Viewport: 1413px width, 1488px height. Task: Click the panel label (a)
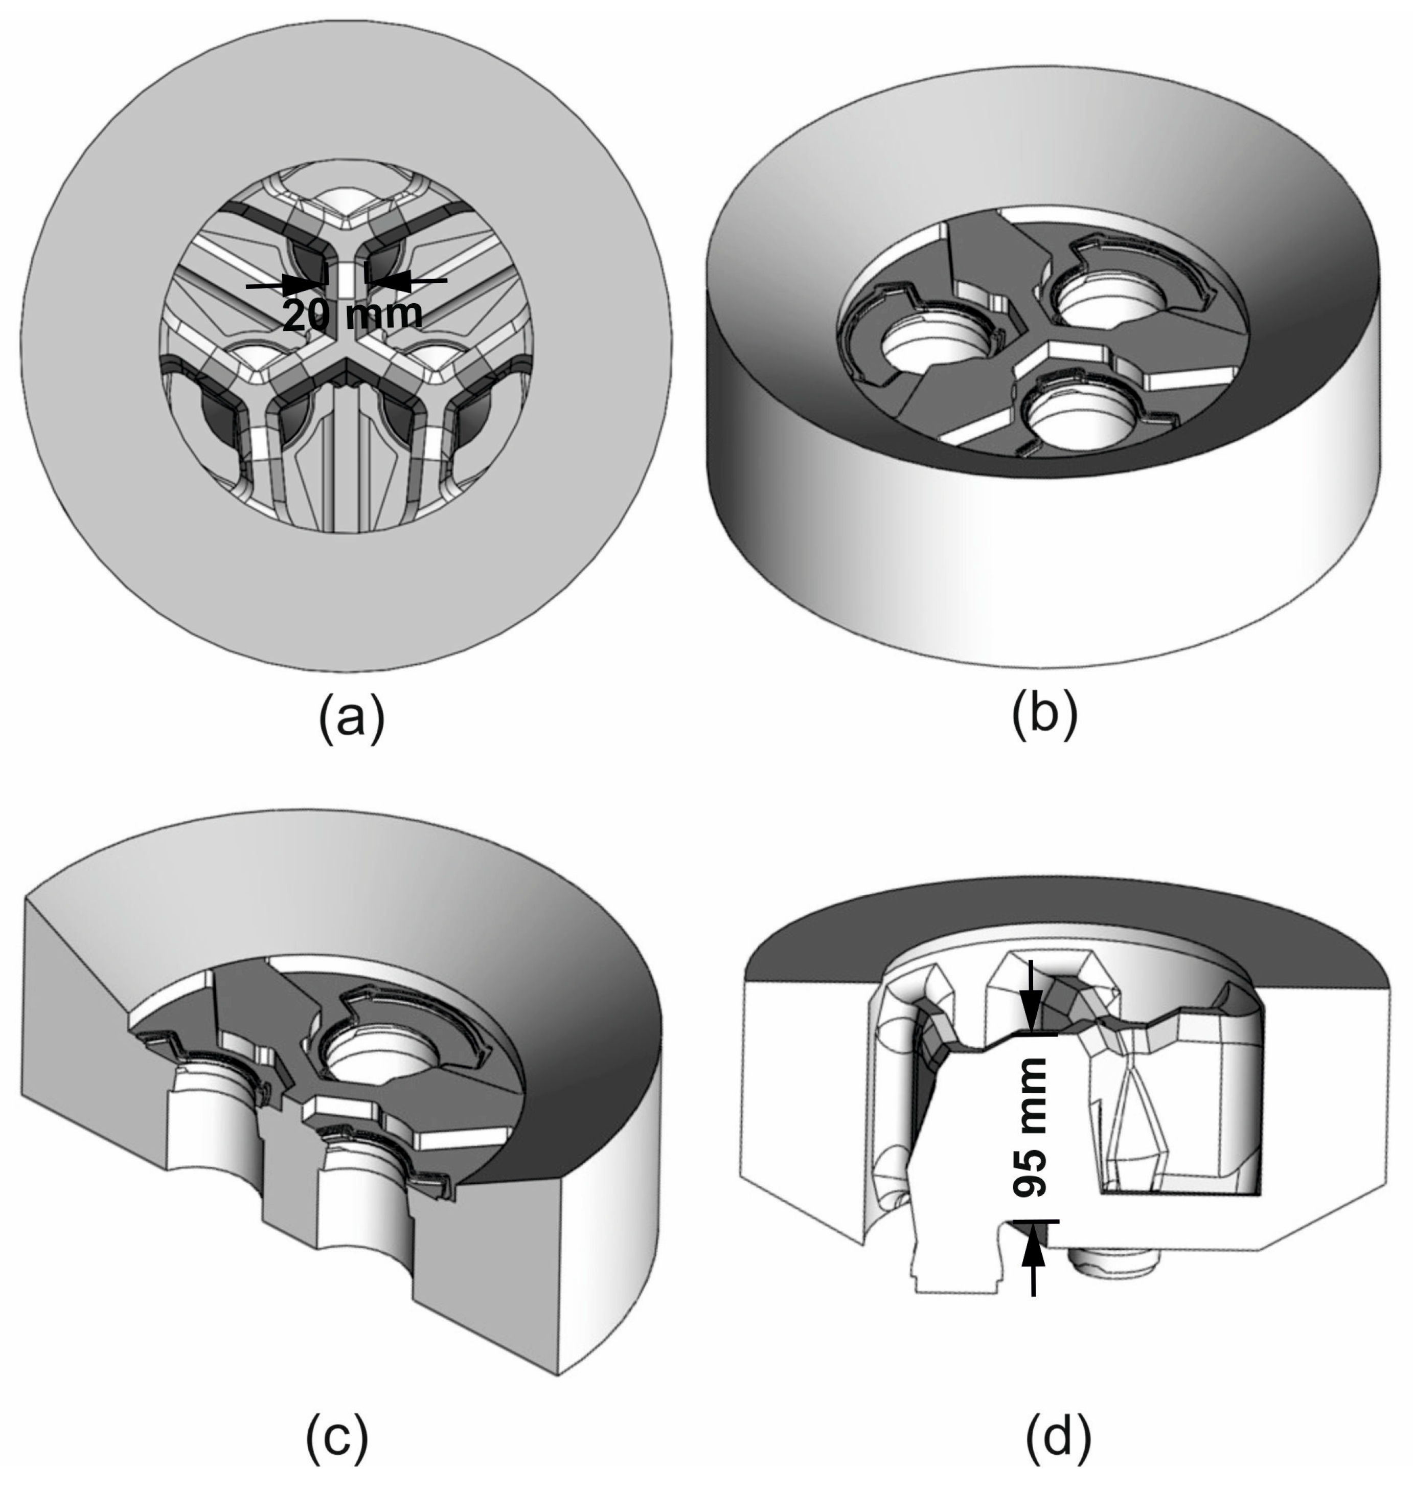pos(351,719)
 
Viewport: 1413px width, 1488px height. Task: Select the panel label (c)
pos(337,1437)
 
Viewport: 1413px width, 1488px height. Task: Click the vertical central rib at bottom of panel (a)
pos(345,467)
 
